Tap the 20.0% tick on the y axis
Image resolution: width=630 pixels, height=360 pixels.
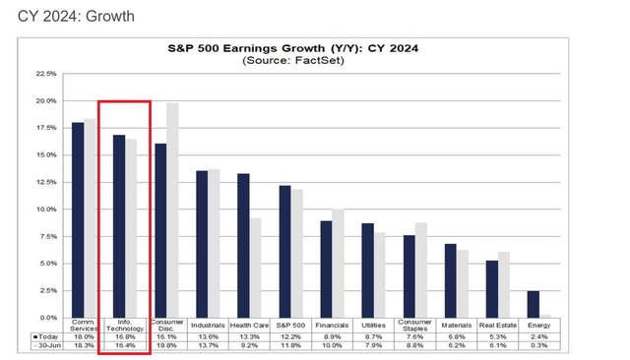pyautogui.click(x=46, y=100)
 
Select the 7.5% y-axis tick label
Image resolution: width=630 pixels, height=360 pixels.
pyautogui.click(x=48, y=236)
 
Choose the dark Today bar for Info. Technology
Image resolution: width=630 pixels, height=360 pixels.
pyautogui.click(x=118, y=226)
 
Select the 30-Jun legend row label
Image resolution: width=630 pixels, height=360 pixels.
pyautogui.click(x=49, y=345)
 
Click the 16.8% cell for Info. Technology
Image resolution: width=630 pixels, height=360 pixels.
pyautogui.click(x=124, y=335)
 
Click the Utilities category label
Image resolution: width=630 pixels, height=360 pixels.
pyautogui.click(x=374, y=325)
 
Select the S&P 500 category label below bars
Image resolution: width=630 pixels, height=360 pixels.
pyautogui.click(x=290, y=325)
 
